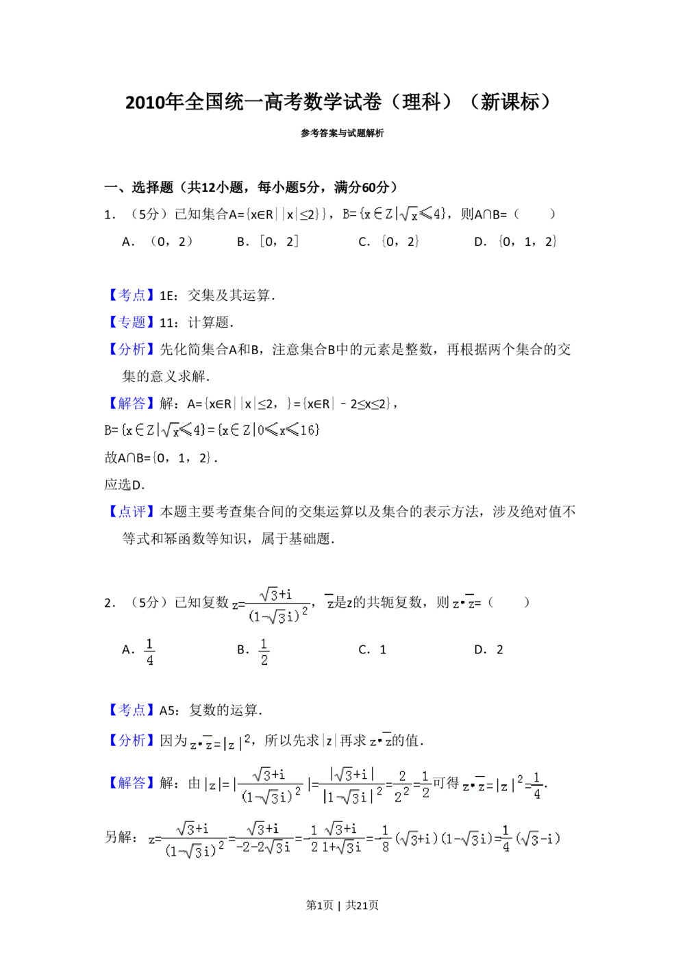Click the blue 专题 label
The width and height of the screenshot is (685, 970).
[x=131, y=321]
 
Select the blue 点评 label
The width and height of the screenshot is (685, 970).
[x=131, y=512]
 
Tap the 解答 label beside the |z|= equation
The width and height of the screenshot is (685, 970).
[x=131, y=782]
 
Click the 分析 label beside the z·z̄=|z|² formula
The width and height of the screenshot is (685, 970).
[x=131, y=741]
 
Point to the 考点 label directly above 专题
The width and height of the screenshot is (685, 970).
[x=131, y=295]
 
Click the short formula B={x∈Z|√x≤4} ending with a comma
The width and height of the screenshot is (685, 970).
[x=395, y=214]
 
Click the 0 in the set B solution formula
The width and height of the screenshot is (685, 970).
[x=260, y=430]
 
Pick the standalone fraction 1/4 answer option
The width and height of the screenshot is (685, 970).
[x=150, y=650]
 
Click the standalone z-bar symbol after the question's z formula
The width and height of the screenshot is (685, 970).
[x=329, y=604]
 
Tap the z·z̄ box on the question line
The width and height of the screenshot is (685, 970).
[x=463, y=604]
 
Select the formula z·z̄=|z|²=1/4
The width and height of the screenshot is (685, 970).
[x=501, y=786]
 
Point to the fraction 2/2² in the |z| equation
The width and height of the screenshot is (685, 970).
[x=402, y=786]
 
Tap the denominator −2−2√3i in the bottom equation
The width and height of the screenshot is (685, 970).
[x=264, y=847]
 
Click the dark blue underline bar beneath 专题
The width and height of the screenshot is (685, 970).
[x=162, y=332]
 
